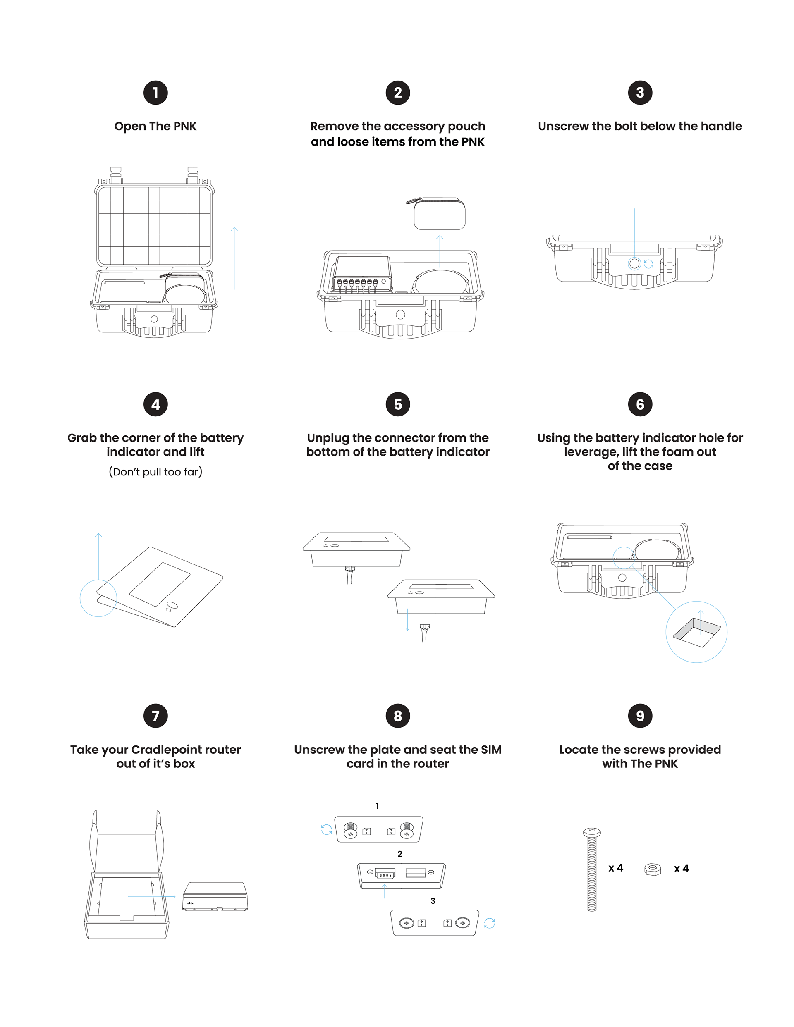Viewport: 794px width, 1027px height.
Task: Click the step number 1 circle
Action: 155,93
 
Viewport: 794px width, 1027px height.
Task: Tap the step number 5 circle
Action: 397,404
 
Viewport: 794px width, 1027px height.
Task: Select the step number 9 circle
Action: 640,716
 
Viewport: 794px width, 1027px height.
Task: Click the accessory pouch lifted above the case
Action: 439,214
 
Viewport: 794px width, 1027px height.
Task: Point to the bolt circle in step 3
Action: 634,264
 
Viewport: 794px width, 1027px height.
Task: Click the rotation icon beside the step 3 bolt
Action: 649,264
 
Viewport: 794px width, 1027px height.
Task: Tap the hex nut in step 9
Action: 653,869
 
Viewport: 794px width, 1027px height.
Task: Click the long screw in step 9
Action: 592,870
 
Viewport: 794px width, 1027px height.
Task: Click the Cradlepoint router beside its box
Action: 215,896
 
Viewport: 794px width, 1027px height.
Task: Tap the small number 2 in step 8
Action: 400,854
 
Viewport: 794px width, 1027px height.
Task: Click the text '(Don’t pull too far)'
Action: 155,472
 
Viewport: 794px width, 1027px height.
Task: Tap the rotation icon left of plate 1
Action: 326,829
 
